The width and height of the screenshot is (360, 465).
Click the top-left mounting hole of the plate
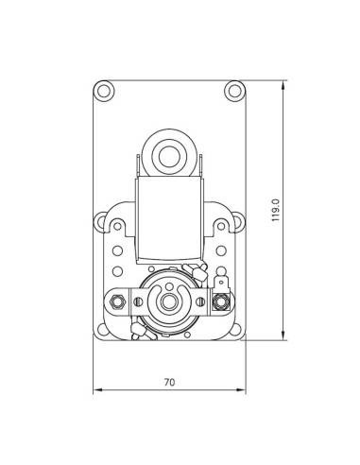point(104,91)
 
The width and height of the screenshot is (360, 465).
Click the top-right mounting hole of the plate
point(234,91)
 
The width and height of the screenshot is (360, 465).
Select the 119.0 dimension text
point(275,210)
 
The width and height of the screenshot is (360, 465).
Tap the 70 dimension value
point(169,383)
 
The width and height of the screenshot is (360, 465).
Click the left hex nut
point(117,301)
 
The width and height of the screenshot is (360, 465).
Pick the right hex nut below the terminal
point(221,302)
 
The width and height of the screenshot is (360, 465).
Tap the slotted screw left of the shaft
point(140,302)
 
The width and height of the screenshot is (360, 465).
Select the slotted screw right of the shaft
point(199,302)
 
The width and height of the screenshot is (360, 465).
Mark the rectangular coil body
point(169,222)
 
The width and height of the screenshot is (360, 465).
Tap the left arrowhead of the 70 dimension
point(96,390)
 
